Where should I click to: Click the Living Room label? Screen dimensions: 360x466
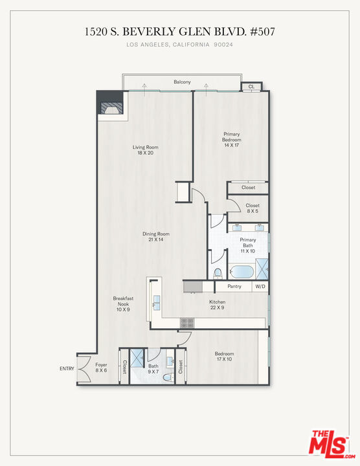pos(146,150)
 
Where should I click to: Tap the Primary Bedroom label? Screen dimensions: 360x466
pos(232,139)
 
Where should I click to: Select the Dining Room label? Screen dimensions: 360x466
pos(156,237)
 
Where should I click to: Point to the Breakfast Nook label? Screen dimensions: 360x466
pos(123,304)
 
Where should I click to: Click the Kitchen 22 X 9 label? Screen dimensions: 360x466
pos(218,305)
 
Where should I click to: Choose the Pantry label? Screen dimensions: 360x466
pos(234,286)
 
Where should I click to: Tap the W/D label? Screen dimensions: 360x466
pos(260,287)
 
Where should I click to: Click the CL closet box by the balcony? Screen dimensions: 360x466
pos(251,87)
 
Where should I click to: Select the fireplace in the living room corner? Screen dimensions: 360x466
pos(111,108)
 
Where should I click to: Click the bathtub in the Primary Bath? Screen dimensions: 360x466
pos(242,272)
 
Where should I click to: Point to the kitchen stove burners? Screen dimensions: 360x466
pos(187,323)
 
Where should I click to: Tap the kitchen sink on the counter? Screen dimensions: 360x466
pos(156,302)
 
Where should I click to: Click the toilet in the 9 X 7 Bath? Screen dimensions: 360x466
pos(168,377)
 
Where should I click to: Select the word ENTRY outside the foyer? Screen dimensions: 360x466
pos(67,368)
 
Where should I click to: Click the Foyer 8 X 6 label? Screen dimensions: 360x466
pos(101,368)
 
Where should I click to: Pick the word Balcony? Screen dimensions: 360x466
pos(182,82)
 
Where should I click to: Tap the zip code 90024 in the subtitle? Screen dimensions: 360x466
pos(223,45)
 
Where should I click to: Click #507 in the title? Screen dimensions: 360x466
pos(262,31)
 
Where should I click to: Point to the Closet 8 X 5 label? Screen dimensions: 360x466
pos(253,208)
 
